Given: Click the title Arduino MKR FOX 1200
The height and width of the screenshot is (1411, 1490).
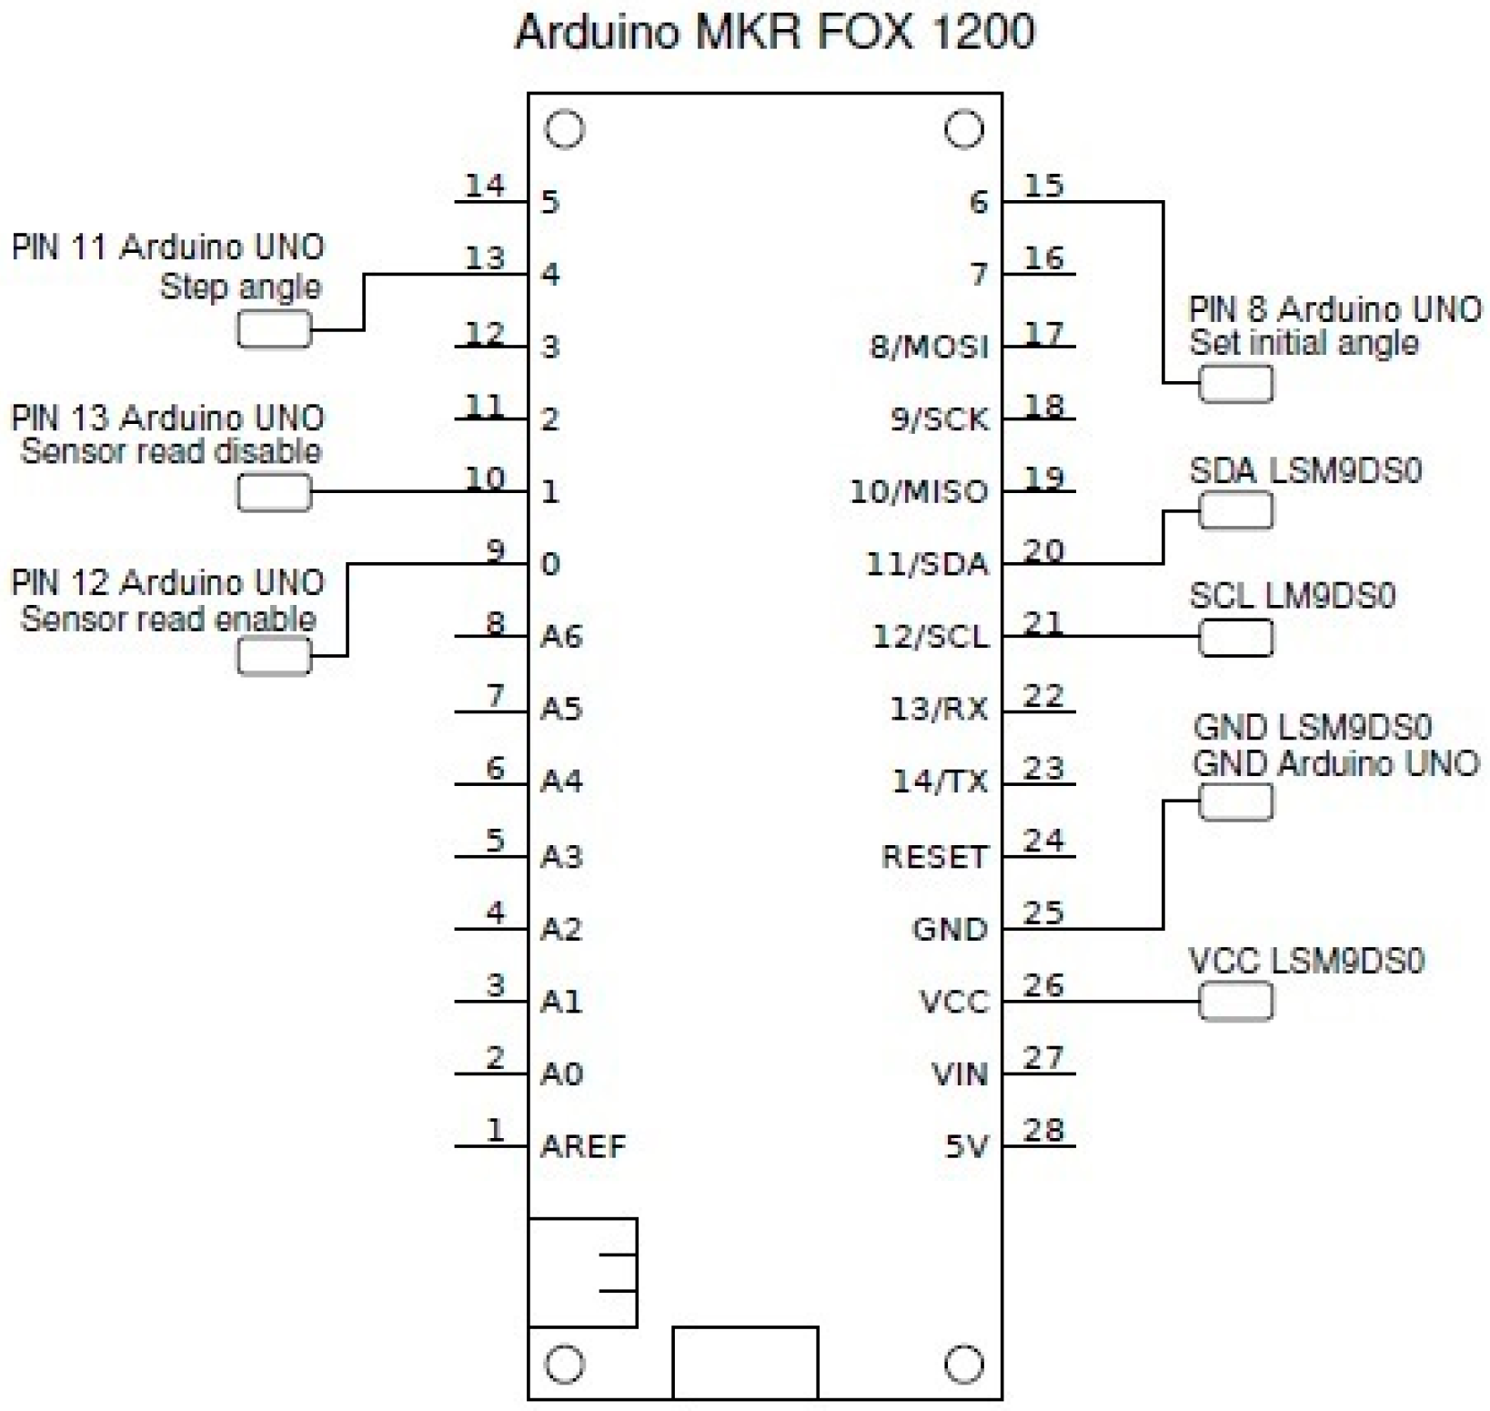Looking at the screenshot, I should [774, 33].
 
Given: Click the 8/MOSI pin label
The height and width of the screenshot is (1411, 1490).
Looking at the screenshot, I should [929, 347].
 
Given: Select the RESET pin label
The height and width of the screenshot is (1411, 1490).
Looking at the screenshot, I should [934, 856].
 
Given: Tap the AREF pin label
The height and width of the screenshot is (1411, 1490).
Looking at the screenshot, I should [583, 1146].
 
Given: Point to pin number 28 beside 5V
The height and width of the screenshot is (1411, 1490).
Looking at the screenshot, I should [1043, 1130].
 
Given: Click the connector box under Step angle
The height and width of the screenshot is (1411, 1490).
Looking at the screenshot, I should [274, 329].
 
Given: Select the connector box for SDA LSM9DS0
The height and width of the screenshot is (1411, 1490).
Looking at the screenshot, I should [1235, 510].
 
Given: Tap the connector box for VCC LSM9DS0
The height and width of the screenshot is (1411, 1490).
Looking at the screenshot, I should [1235, 1002].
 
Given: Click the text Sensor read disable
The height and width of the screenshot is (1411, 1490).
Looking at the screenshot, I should [171, 451].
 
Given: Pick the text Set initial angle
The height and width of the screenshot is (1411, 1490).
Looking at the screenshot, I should [1304, 343].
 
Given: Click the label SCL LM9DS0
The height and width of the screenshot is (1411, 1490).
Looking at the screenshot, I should [1292, 596].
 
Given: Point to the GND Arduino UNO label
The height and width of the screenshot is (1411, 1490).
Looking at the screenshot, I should [1335, 763].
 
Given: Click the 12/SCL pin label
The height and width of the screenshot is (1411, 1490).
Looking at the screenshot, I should [930, 636].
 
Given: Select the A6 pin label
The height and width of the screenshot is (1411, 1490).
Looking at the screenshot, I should [561, 636].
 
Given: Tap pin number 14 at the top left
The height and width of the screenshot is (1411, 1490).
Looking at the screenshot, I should [484, 186].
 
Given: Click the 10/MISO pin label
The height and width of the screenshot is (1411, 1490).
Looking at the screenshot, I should [919, 491].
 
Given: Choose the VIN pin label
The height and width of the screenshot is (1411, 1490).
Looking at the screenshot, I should [959, 1074].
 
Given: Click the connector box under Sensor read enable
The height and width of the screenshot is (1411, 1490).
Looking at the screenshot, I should [274, 656].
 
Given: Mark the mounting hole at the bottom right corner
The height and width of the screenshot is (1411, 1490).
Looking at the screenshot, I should [963, 1364].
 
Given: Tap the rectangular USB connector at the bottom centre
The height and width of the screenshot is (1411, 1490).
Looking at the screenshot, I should [745, 1362].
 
